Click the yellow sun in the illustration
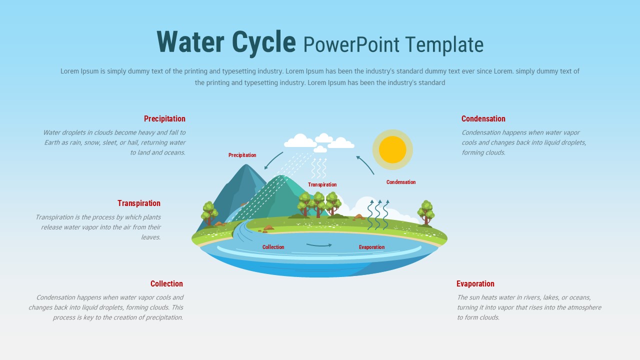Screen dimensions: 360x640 (392, 149)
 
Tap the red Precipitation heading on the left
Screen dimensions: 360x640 (164, 119)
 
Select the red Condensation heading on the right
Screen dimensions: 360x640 (483, 119)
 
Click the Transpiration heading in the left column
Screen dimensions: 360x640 (139, 203)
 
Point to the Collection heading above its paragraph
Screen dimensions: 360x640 (166, 284)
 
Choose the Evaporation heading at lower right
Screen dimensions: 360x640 (475, 284)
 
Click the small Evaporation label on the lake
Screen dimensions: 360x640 (371, 247)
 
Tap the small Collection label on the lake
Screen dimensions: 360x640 (273, 247)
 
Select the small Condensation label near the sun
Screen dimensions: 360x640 (400, 182)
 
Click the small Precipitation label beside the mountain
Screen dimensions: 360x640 (242, 155)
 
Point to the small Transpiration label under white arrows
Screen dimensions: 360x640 (322, 185)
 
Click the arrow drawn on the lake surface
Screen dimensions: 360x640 (319, 245)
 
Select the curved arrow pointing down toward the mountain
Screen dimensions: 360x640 (273, 161)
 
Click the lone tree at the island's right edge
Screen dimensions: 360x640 (426, 212)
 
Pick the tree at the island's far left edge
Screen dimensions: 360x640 (209, 213)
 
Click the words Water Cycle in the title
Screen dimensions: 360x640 (226, 42)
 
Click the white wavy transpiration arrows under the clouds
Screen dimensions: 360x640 (319, 168)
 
